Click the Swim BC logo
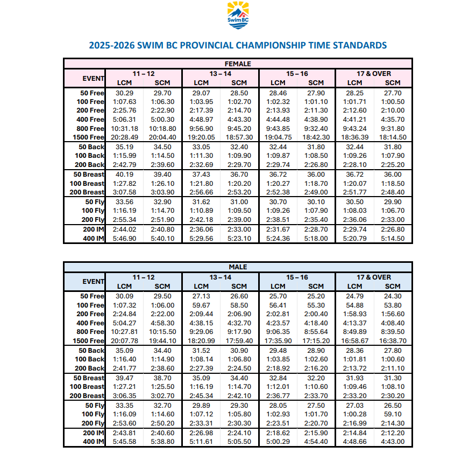pyautogui.click(x=238, y=14)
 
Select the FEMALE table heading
pyautogui.click(x=238, y=64)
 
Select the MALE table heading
pyautogui.click(x=238, y=267)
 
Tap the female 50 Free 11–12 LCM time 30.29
pyautogui.click(x=125, y=93)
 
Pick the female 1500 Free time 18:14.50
pyautogui.click(x=393, y=137)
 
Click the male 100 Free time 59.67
pyautogui.click(x=201, y=305)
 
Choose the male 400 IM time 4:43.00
pyautogui.click(x=393, y=442)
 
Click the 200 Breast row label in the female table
pyautogui.click(x=86, y=192)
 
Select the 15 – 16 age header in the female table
pyautogui.click(x=297, y=73)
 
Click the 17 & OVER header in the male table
pyautogui.click(x=374, y=277)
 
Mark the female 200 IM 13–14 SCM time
pyautogui.click(x=239, y=229)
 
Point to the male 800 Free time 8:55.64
pyautogui.click(x=316, y=332)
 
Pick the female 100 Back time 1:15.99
pyautogui.click(x=125, y=156)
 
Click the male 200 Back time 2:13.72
pyautogui.click(x=354, y=368)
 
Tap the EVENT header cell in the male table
pyautogui.click(x=93, y=281)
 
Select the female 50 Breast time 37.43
pyautogui.click(x=201, y=174)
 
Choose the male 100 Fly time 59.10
pyautogui.click(x=393, y=414)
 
